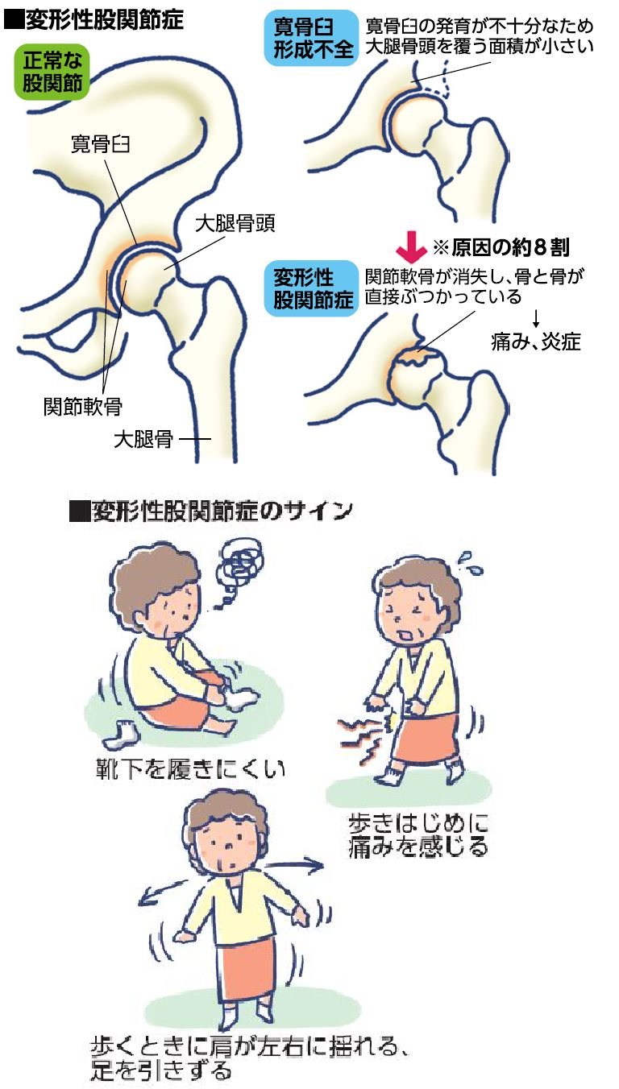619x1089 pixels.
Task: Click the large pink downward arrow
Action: (411, 245)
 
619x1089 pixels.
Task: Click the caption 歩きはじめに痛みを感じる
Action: (418, 835)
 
